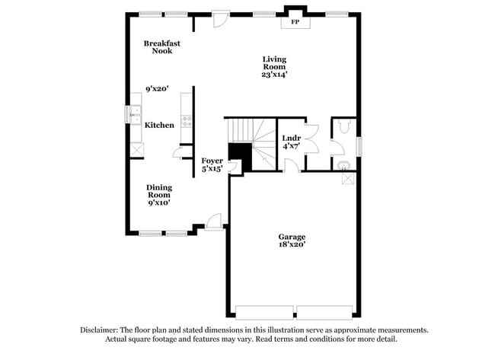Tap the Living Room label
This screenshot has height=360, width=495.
point(274,63)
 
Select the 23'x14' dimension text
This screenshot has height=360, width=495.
point(274,74)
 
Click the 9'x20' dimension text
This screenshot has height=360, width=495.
point(158,88)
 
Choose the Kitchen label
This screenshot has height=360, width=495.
point(160,125)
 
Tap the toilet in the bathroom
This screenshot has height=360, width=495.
point(343,127)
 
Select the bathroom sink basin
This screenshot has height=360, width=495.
point(342,164)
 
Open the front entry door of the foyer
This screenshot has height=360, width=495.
point(215,221)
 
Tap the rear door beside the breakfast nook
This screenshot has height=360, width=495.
point(220,18)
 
